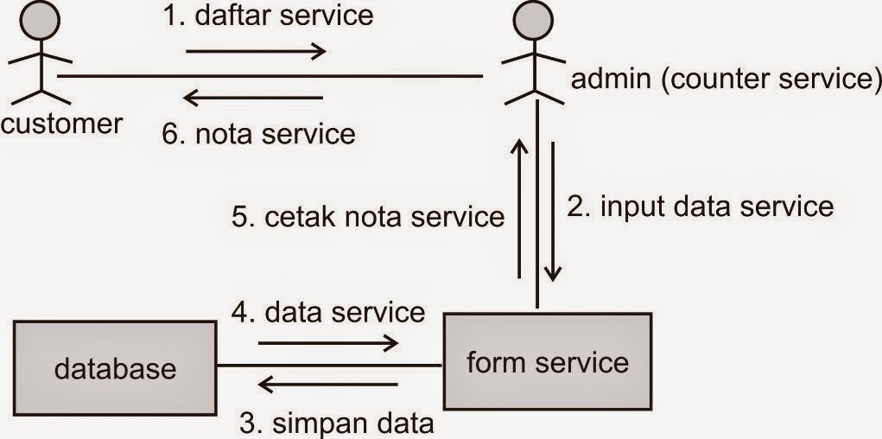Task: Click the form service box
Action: pos(547,361)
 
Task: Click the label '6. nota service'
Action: pos(259,133)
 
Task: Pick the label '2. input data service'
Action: pos(701,207)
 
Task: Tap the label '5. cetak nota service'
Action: pos(368,215)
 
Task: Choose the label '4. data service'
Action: pos(328,311)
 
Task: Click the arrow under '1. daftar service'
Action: pos(256,51)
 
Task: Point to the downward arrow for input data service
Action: pos(554,212)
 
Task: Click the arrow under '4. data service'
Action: pos(328,343)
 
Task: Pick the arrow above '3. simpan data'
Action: pos(328,384)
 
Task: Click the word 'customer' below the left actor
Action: pos(61,124)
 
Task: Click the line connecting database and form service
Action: pos(328,365)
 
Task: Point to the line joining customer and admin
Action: pos(268,76)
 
